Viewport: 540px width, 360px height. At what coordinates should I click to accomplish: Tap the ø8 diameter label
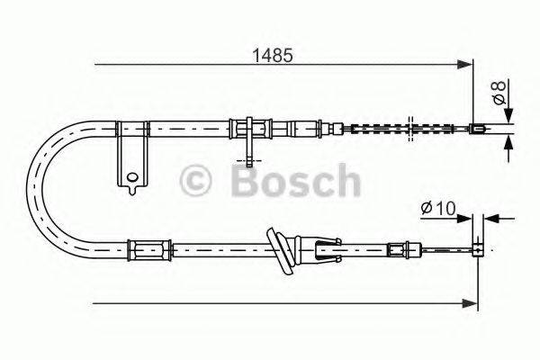tap(497, 90)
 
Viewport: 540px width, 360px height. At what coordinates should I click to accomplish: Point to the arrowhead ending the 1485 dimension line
tap(466, 65)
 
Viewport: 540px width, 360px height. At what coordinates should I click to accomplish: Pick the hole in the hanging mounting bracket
tap(131, 177)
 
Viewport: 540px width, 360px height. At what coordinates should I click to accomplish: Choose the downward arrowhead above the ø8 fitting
tap(509, 116)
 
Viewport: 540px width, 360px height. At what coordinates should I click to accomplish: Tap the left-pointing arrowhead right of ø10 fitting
tap(490, 218)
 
